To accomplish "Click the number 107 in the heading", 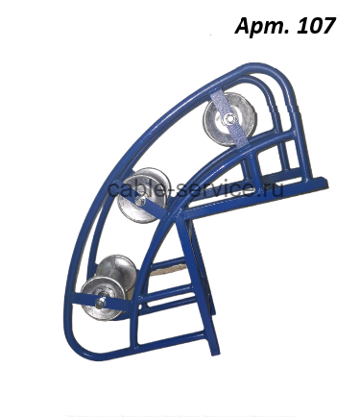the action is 316,26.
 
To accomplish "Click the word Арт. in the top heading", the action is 262,26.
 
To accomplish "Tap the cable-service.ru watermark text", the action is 196,188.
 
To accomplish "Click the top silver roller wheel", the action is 229,119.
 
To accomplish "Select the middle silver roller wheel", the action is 143,195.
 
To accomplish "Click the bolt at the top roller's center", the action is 229,119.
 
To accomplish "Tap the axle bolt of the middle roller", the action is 139,201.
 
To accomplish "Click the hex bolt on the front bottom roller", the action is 101,303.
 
